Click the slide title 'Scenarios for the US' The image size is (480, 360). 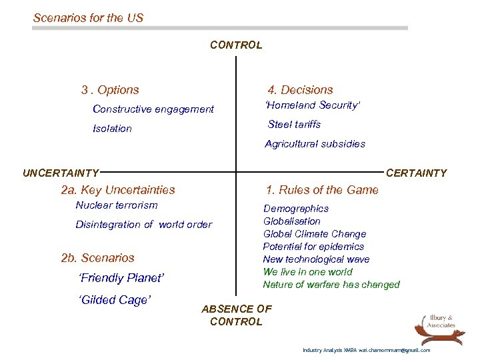pyautogui.click(x=88, y=18)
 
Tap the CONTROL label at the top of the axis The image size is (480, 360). pyautogui.click(x=236, y=45)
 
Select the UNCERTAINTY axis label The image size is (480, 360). pyautogui.click(x=61, y=173)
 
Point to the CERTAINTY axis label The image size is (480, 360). pyautogui.click(x=417, y=173)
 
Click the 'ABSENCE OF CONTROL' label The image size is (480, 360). pyautogui.click(x=236, y=315)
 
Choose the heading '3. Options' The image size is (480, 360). pyautogui.click(x=110, y=90)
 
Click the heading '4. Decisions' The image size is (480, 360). pyautogui.click(x=300, y=90)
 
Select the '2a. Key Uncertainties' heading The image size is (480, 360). pyautogui.click(x=118, y=190)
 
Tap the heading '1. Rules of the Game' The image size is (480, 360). pyautogui.click(x=322, y=190)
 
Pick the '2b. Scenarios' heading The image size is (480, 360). pyautogui.click(x=97, y=258)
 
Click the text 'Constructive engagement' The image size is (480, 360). pyautogui.click(x=153, y=109)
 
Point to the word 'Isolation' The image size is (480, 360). pyautogui.click(x=112, y=129)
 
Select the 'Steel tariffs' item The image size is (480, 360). pyautogui.click(x=294, y=125)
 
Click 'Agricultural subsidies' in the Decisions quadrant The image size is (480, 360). pyautogui.click(x=315, y=144)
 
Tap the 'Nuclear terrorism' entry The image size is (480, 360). pyautogui.click(x=117, y=205)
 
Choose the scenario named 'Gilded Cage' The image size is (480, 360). pyautogui.click(x=115, y=300)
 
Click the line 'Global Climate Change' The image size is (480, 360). pyautogui.click(x=315, y=234)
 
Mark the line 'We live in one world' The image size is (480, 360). pyautogui.click(x=307, y=272)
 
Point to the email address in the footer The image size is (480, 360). pyautogui.click(x=395, y=350)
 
